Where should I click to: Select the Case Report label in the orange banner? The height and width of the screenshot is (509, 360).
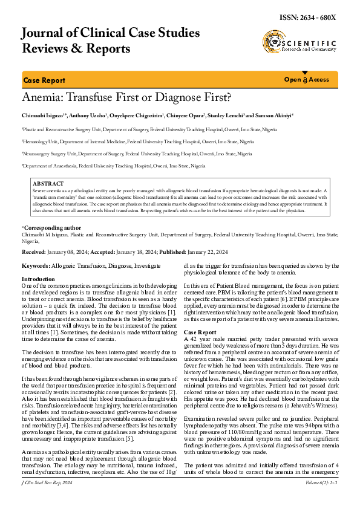pyautogui.click(x=44, y=80)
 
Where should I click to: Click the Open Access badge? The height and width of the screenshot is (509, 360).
pyautogui.click(x=307, y=80)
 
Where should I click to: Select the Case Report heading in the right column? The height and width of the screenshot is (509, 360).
pyautogui.click(x=200, y=333)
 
